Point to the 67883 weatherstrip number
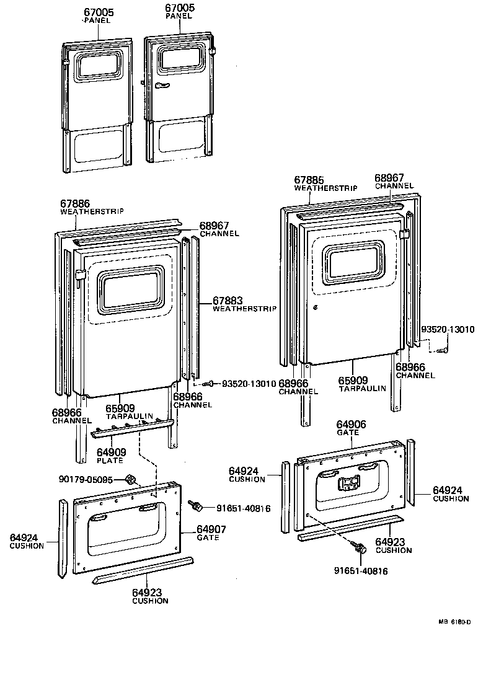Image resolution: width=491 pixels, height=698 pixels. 228,300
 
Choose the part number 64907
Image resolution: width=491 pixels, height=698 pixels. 211,529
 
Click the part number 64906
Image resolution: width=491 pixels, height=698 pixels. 351,425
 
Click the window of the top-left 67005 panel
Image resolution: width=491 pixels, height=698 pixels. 98,62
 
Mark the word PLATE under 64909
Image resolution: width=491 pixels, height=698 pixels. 110,461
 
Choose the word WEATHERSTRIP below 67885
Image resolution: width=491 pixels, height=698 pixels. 317,188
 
